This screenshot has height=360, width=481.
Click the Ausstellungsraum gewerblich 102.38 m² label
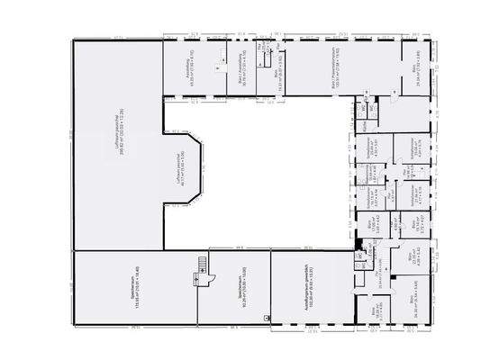pos(308,290)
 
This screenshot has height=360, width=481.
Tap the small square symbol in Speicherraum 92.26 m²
pos(266,318)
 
